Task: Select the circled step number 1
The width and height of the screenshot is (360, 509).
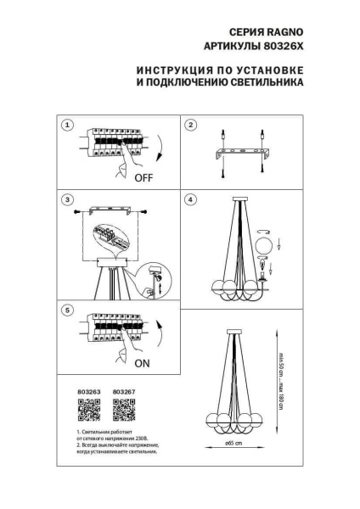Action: point(66,126)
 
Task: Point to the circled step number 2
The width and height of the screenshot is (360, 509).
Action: point(191,126)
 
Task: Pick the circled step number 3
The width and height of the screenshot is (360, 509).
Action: point(66,199)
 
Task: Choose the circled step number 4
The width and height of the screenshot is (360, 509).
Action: point(191,199)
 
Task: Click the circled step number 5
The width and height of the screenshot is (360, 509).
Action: point(66,311)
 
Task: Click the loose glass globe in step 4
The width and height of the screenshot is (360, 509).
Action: point(264,244)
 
